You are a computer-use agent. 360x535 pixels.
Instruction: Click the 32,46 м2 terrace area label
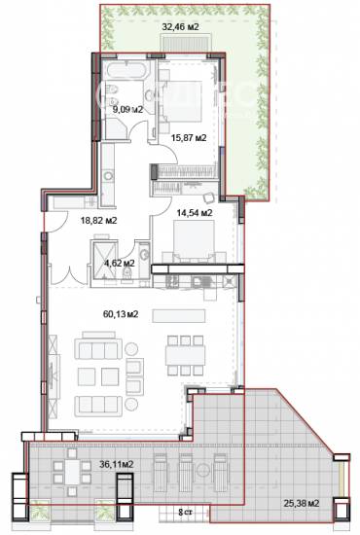[x=179, y=28]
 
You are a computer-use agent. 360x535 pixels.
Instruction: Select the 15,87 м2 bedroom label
[x=189, y=138]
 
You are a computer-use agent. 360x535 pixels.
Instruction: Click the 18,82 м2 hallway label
[x=98, y=221]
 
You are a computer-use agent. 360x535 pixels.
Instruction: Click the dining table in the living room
[x=186, y=355]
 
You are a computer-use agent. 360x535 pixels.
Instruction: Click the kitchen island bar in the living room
[x=185, y=317]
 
